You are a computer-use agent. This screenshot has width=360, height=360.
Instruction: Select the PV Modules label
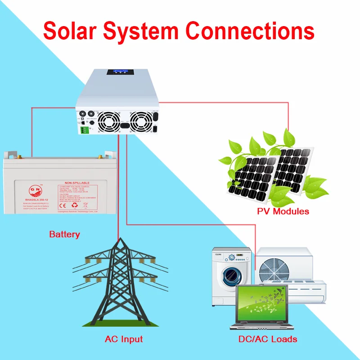coord(283,211)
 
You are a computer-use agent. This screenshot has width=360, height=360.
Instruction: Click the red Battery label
coord(64,234)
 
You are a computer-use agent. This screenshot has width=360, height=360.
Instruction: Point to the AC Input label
coord(124,339)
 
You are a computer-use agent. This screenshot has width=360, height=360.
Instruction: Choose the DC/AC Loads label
coord(268,339)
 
